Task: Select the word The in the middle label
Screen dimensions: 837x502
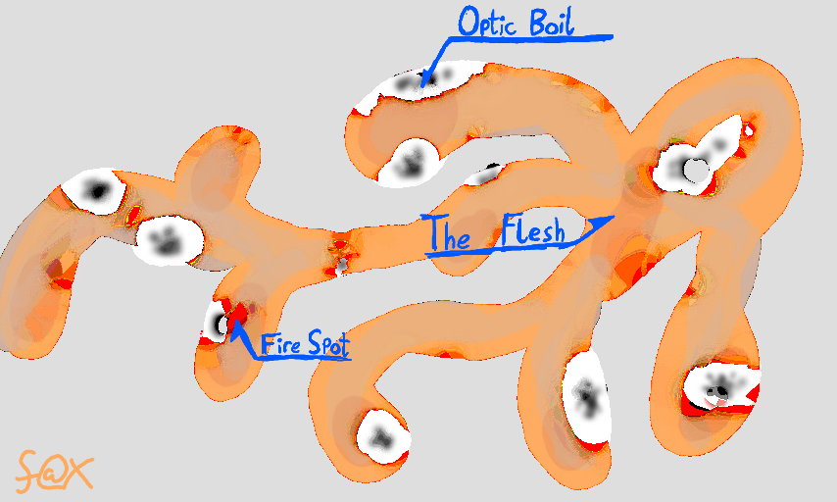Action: pyautogui.click(x=449, y=235)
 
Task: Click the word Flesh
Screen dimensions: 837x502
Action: pyautogui.click(x=532, y=234)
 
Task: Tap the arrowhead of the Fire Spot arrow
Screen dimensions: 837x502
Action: pyautogui.click(x=237, y=326)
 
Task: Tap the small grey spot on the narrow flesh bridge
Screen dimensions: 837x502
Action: pyautogui.click(x=341, y=264)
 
